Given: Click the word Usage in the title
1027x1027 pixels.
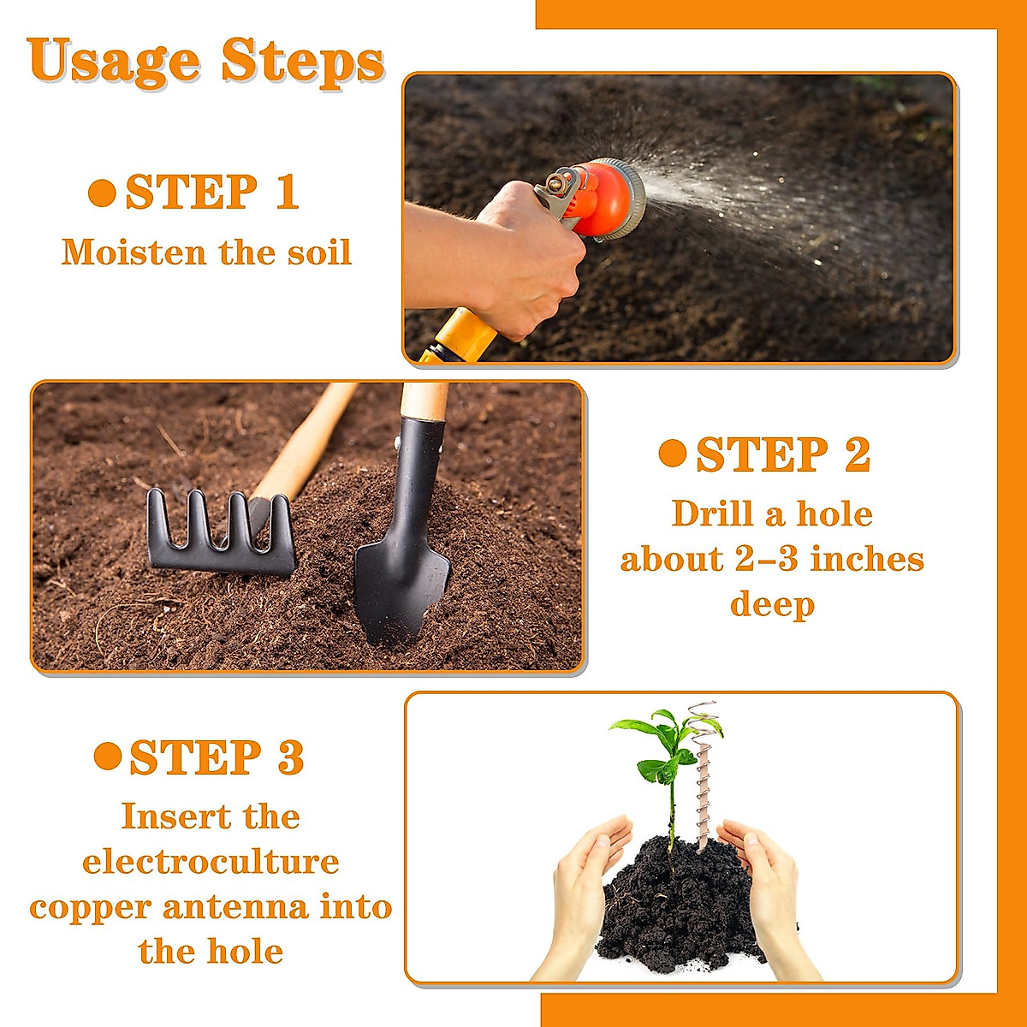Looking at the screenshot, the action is [x=114, y=62].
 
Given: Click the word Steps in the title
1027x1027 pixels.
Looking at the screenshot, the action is [x=303, y=62].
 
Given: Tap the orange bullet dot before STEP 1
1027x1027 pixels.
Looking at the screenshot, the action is [x=103, y=193].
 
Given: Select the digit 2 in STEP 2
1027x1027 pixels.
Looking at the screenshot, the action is [x=858, y=454].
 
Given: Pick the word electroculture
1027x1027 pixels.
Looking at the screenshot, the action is [x=211, y=862].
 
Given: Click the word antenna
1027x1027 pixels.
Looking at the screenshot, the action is [x=235, y=907].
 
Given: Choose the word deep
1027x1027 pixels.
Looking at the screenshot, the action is [x=772, y=605].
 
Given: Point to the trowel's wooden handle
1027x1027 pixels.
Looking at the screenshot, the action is [x=424, y=401].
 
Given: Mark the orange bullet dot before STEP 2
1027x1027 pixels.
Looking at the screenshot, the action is [x=673, y=453].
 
